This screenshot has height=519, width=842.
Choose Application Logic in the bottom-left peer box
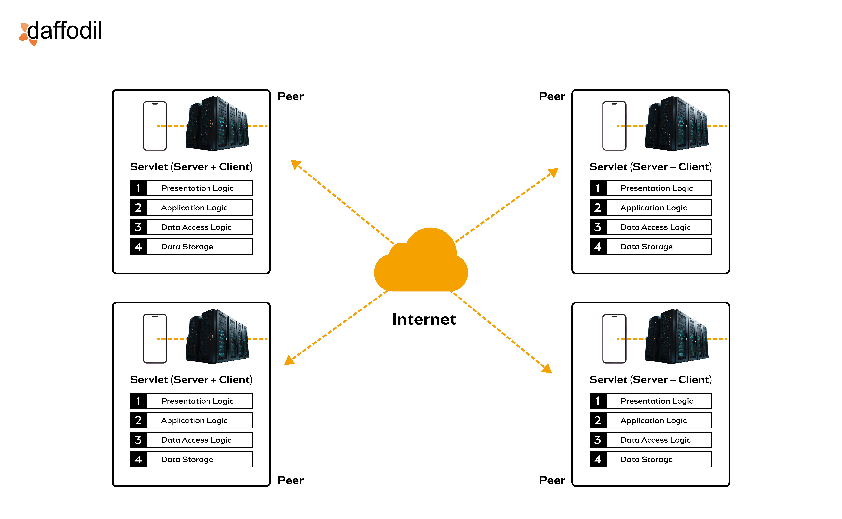194,420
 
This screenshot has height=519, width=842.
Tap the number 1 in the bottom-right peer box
598,401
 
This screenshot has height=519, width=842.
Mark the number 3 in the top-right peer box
598,227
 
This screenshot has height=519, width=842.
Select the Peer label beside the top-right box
552,96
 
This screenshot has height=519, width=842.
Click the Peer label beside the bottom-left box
290,480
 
